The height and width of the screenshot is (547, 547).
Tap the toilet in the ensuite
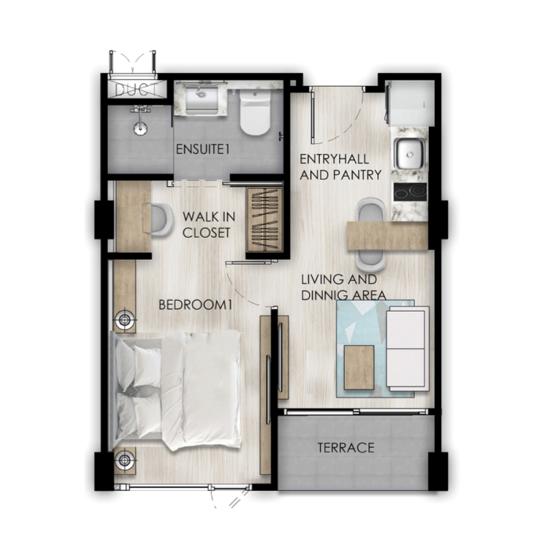tap(255, 112)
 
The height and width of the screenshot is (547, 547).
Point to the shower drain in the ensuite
tap(141, 128)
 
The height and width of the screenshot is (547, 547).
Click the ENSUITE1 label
tap(202, 150)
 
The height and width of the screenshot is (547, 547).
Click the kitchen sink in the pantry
tap(409, 154)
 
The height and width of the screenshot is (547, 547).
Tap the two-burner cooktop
tap(410, 192)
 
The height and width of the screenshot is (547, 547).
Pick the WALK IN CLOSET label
tap(209, 225)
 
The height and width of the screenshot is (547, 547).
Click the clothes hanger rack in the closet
tap(264, 219)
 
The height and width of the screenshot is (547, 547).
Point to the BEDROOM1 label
tap(196, 305)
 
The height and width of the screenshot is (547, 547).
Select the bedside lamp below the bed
tap(124, 459)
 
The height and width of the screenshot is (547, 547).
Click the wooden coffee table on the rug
tap(359, 367)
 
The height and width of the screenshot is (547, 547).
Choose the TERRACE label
tap(346, 448)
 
